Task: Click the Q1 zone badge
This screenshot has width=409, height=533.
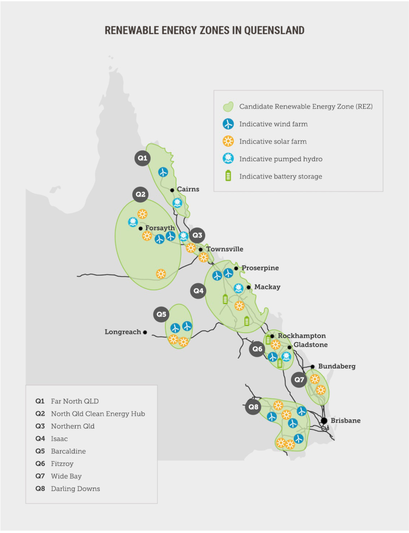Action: pyautogui.click(x=142, y=158)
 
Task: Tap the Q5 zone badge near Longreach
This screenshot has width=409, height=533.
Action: pyautogui.click(x=161, y=315)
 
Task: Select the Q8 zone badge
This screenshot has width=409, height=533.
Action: pyautogui.click(x=253, y=407)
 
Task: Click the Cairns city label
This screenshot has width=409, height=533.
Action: pyautogui.click(x=188, y=189)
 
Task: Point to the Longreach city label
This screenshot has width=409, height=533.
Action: pyautogui.click(x=122, y=332)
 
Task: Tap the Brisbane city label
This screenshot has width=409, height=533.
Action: pyautogui.click(x=345, y=420)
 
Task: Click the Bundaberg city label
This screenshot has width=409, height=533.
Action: pyautogui.click(x=337, y=367)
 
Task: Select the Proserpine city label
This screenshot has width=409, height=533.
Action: pyautogui.click(x=260, y=268)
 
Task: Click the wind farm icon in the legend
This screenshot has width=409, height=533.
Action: pyautogui.click(x=228, y=124)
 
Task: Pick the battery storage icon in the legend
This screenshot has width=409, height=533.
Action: pyautogui.click(x=228, y=176)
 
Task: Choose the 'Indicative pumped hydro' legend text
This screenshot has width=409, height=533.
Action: pyautogui.click(x=281, y=159)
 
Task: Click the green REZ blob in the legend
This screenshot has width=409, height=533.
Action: pyautogui.click(x=228, y=107)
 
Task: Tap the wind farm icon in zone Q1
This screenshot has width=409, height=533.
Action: pyautogui.click(x=163, y=172)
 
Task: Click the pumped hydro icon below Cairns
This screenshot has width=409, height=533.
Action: pyautogui.click(x=177, y=203)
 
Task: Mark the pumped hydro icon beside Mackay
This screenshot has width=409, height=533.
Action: pyautogui.click(x=239, y=288)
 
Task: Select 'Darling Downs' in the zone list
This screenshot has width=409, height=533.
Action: pyautogui.click(x=75, y=488)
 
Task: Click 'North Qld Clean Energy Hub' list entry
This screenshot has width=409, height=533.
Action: pyautogui.click(x=97, y=413)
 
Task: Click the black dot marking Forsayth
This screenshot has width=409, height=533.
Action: pyautogui.click(x=141, y=228)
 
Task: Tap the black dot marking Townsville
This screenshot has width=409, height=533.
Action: pyautogui.click(x=201, y=249)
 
